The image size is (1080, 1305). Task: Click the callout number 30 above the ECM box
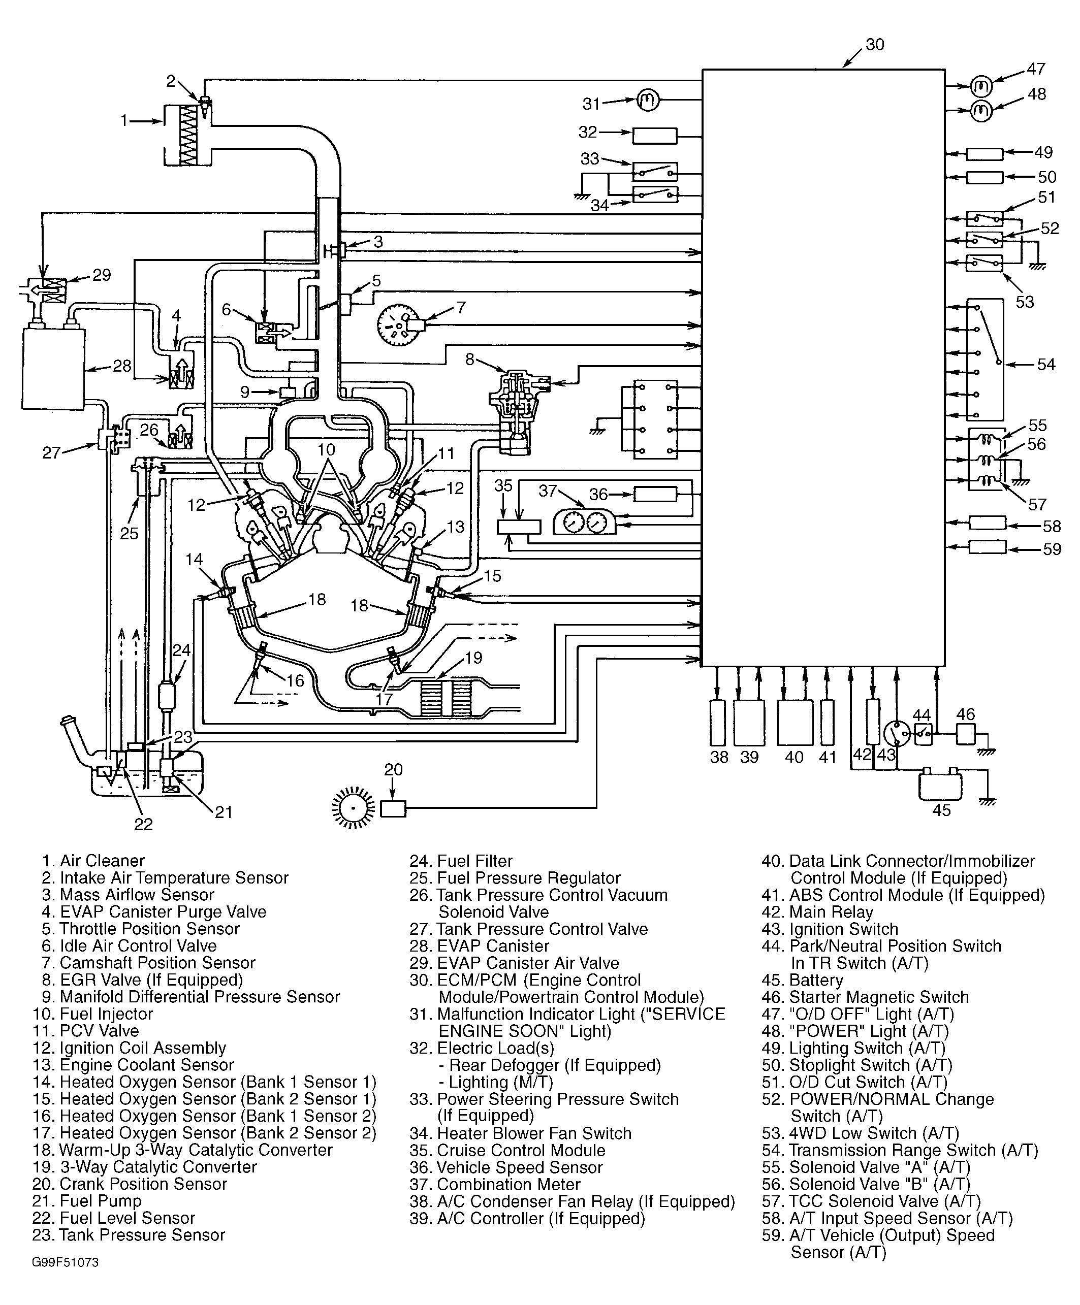(x=874, y=45)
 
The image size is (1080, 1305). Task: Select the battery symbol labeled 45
(x=939, y=786)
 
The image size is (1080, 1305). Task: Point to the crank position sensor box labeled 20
(x=393, y=809)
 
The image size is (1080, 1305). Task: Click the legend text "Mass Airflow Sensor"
(x=137, y=894)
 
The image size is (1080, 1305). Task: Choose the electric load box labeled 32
(x=655, y=136)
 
